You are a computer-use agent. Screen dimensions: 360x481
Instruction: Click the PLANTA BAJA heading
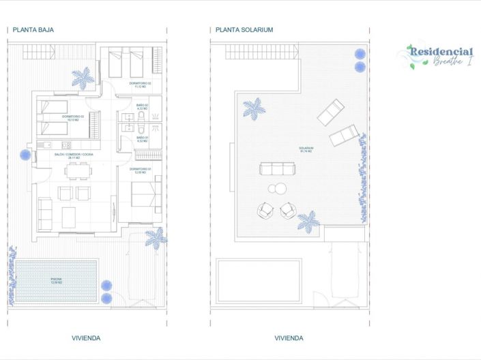point(33,30)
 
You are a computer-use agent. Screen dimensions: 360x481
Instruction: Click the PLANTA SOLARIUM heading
point(244,30)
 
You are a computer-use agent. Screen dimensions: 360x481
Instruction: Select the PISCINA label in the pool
point(57,280)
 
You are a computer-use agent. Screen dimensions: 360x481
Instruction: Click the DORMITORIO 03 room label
point(72,117)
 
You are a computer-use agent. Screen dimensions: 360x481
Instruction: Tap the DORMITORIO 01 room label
point(140,170)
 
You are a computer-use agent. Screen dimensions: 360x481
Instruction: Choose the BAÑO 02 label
point(142,106)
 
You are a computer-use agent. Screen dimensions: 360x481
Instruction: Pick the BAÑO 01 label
point(142,138)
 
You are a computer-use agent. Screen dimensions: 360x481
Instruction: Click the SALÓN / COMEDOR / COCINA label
point(74,155)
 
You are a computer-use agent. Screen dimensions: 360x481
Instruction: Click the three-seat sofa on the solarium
point(277,168)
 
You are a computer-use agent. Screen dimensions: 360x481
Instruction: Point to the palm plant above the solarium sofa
point(254,108)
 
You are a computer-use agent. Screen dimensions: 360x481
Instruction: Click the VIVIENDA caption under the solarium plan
point(289,337)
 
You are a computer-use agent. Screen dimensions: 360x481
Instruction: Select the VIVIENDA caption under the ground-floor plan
point(86,337)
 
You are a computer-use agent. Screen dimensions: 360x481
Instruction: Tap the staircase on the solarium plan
point(262,52)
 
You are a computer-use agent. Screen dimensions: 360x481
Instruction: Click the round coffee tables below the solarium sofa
point(276,189)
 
